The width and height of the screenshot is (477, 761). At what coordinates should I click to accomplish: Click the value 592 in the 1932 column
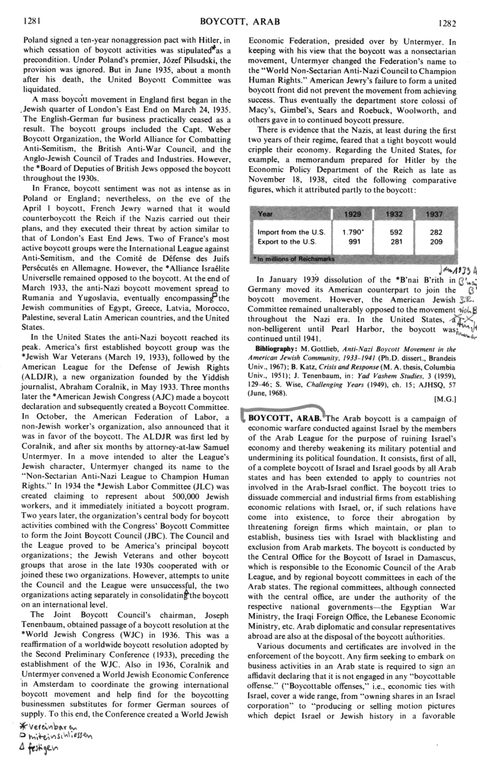pyautogui.click(x=387, y=231)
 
